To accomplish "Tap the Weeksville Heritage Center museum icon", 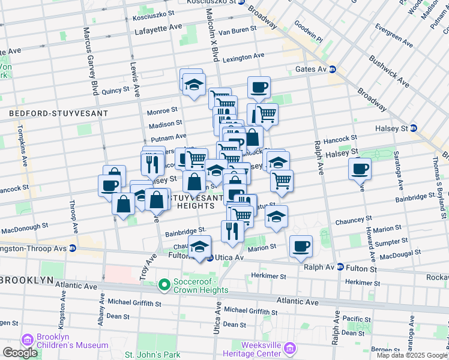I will click(290, 349).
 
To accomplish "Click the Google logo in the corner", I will click(20, 353).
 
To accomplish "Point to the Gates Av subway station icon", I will click(332, 70).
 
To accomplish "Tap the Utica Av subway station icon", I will click(209, 257).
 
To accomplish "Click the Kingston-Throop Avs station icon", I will click(72, 248).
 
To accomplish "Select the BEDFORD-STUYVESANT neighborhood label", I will click(58, 113).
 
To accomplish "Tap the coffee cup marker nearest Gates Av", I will click(259, 87).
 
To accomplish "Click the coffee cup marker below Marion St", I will click(301, 245).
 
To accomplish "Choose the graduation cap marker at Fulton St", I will click(200, 245).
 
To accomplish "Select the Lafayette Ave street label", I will click(158, 28).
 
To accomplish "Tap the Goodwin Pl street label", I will click(309, 32).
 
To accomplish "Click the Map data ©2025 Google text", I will click(412, 355).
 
